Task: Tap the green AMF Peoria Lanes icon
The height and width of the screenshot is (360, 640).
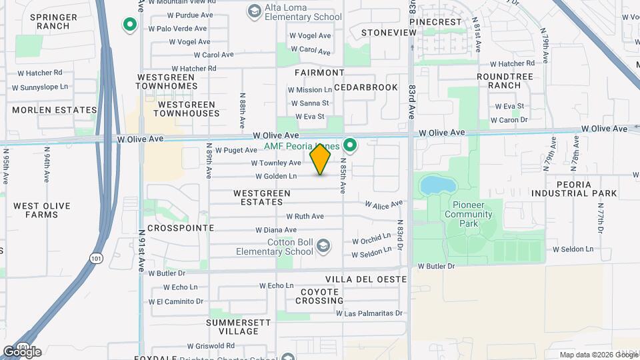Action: [x=349, y=144]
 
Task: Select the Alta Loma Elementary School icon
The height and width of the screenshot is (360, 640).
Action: [x=254, y=11]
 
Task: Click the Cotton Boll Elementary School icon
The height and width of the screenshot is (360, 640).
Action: [x=323, y=246]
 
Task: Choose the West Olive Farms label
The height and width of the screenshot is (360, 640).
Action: [x=42, y=210]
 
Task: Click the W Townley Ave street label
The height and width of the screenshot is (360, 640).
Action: [x=276, y=163]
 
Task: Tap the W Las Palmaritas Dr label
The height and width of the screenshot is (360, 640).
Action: [x=369, y=313]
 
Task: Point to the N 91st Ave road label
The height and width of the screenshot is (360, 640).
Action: [x=142, y=251]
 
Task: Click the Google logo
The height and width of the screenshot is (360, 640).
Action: [x=22, y=352]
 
